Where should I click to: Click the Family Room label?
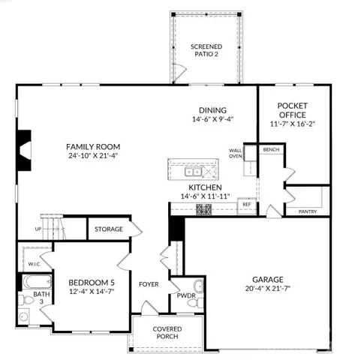[x=93, y=147]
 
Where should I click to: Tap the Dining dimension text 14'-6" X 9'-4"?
[x=212, y=119]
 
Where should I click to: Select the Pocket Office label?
[x=293, y=110]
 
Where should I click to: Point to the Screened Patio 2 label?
[x=206, y=50]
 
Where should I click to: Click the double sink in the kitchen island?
[x=193, y=172]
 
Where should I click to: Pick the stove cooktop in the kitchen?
[x=204, y=209]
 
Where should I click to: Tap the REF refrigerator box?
[x=247, y=205]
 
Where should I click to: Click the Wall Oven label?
[x=236, y=153]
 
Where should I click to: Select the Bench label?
[x=271, y=149]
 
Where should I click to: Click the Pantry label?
[x=308, y=211]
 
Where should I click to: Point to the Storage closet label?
[x=109, y=229]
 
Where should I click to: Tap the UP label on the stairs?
[x=38, y=229]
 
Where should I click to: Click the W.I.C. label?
[x=35, y=264]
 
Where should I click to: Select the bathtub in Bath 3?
[x=38, y=282]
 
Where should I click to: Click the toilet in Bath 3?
[x=26, y=300]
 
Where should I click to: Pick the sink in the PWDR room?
[x=199, y=286]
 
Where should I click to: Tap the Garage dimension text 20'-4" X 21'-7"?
[x=268, y=289]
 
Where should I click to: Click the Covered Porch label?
[x=167, y=332]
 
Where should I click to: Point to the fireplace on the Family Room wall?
[x=24, y=151]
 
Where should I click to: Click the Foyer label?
[x=149, y=284]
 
